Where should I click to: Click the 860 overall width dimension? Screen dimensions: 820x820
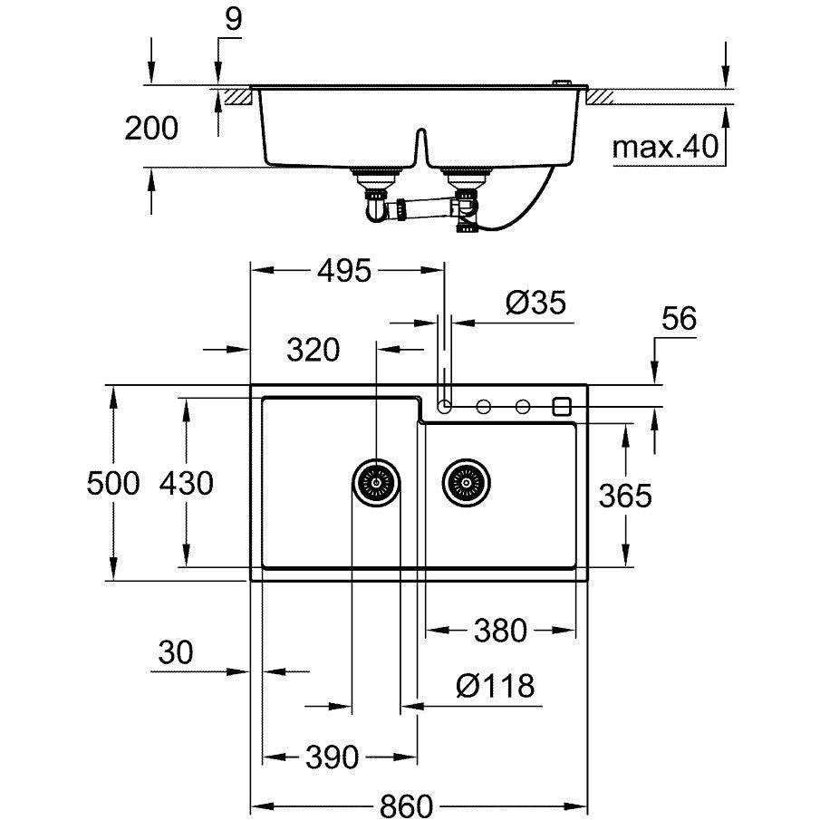pos(406,806)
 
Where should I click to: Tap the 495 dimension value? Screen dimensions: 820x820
pos(344,271)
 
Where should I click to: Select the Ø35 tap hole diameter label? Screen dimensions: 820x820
pos(536,303)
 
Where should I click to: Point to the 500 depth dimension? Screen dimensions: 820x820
pos(113,483)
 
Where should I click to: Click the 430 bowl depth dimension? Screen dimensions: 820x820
pos(186,483)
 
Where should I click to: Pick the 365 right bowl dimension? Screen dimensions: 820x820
pos(625,496)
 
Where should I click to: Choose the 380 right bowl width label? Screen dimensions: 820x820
pos(500,630)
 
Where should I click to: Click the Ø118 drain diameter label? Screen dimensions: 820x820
pos(496,686)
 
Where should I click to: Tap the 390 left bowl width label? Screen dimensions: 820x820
pos(333,757)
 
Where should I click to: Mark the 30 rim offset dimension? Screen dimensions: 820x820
pos(176,652)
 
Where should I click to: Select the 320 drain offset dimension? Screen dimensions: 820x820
pos(313,350)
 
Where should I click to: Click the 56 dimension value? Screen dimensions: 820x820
pos(679,318)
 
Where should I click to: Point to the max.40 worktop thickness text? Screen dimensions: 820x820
pos(665,147)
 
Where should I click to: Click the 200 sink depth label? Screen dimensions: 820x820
pos(151,128)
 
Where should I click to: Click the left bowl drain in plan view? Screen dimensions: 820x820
pos(376,483)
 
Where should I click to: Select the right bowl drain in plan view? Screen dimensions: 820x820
pos(466,483)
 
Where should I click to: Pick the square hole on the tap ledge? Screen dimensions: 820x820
pos(562,406)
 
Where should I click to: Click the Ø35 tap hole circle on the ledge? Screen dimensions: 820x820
pos(445,406)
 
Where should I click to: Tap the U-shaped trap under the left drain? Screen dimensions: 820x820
pos(375,209)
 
